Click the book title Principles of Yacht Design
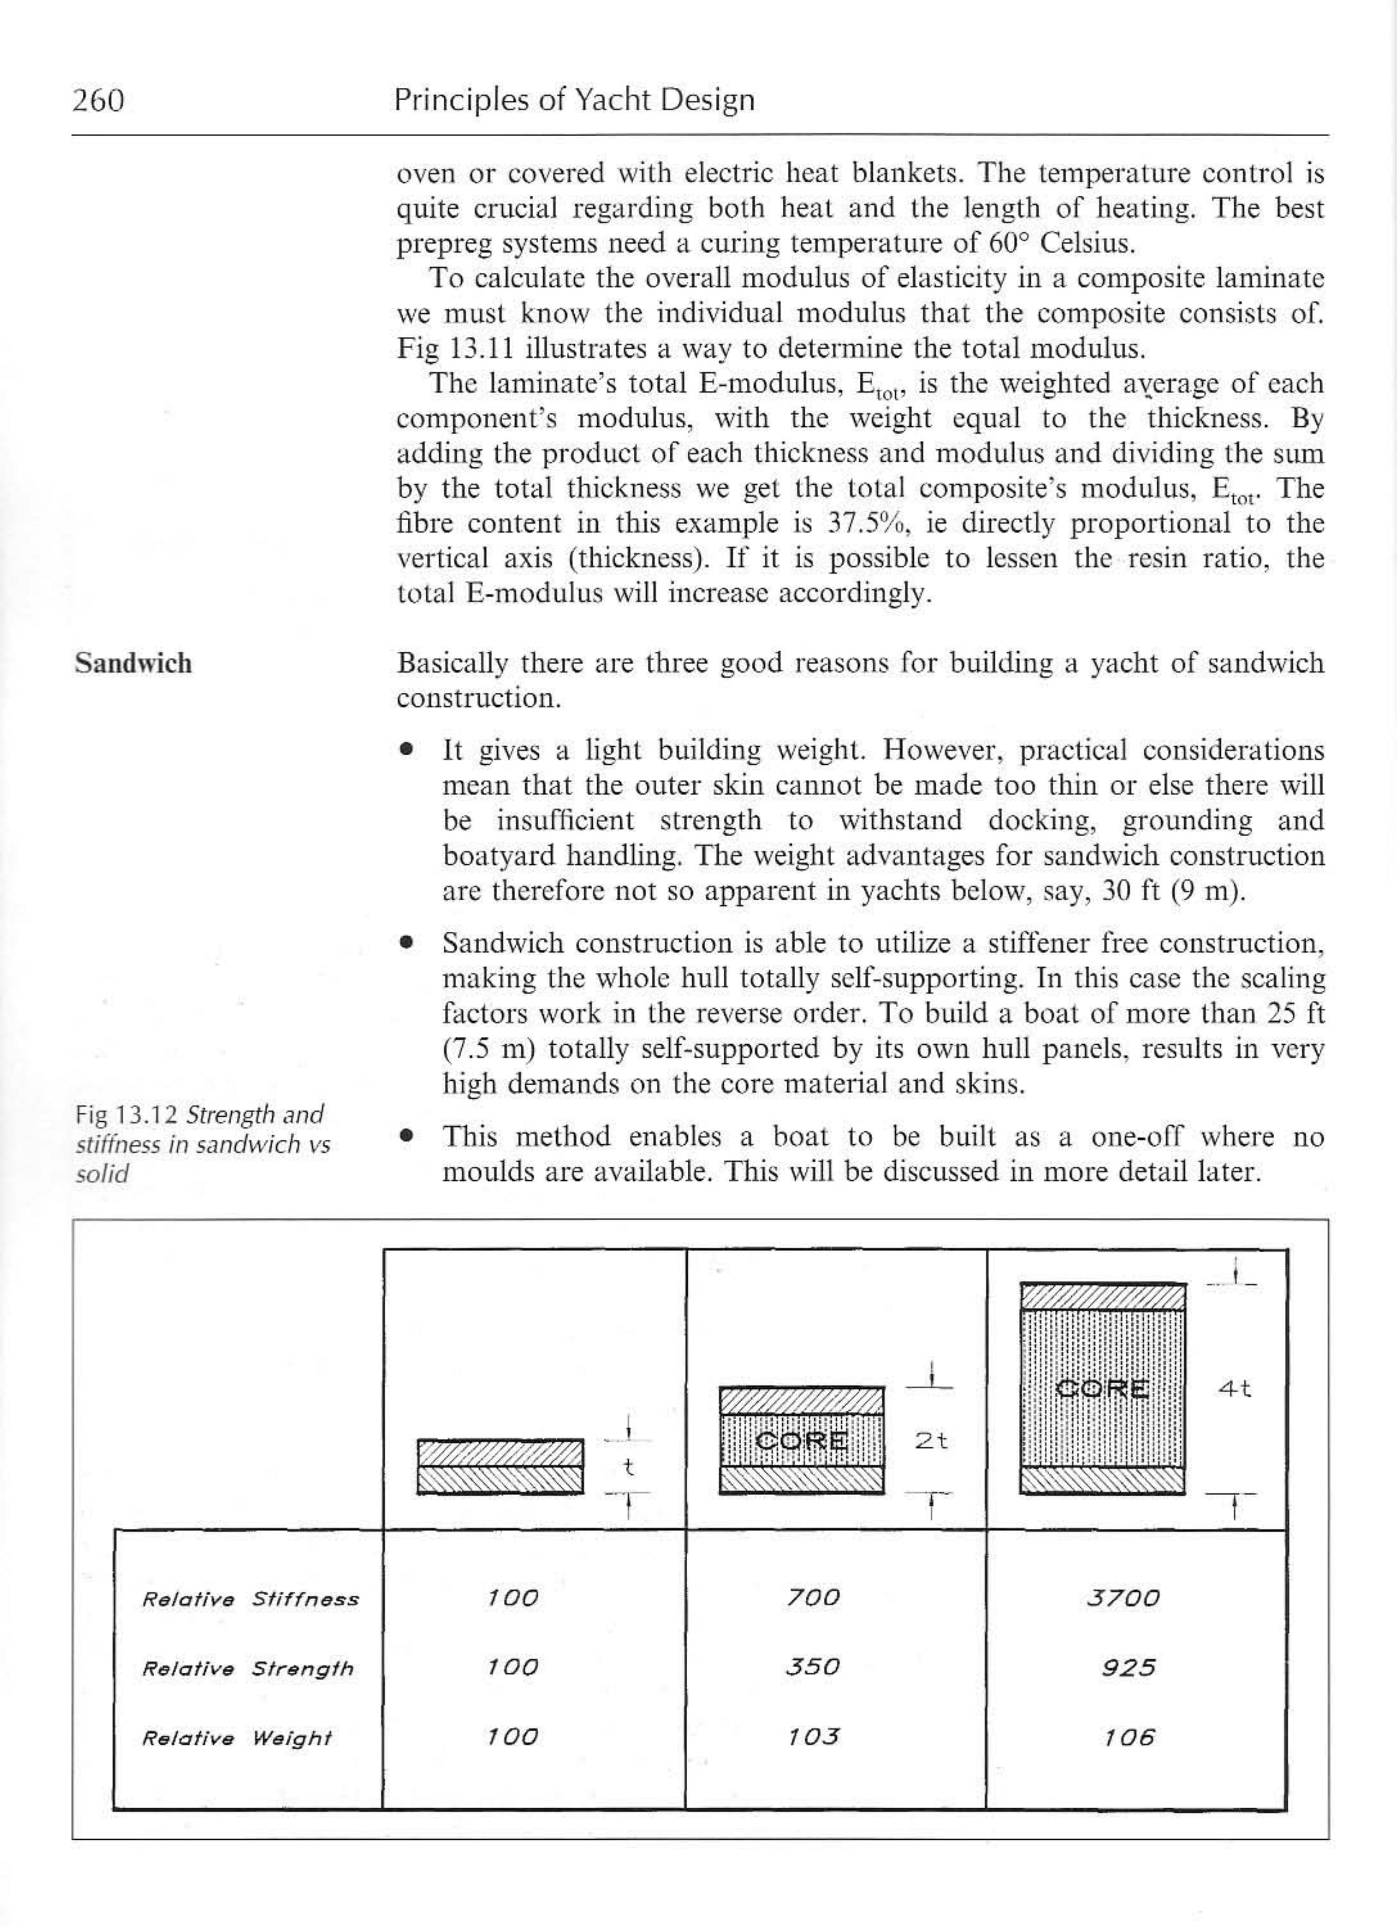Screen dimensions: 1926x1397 tap(574, 100)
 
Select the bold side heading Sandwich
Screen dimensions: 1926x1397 tap(134, 663)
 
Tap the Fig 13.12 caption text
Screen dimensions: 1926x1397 tap(202, 1144)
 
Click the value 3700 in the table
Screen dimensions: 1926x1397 tap(1123, 1598)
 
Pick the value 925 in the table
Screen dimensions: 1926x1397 tap(1128, 1668)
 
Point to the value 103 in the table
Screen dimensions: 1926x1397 tap(813, 1736)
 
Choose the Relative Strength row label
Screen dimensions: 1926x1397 tap(247, 1669)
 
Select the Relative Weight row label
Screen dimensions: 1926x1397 tap(236, 1739)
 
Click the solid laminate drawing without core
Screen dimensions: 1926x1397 tap(500, 1466)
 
